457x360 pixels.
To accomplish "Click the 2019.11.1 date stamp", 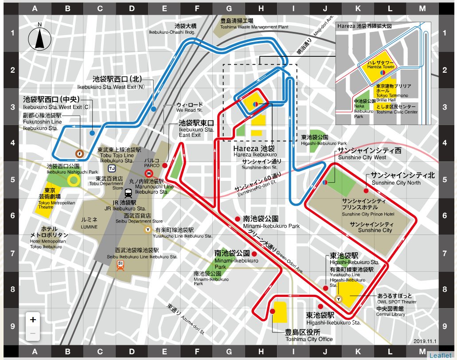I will point(425,341).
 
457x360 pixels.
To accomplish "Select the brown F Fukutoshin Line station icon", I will point(79,154).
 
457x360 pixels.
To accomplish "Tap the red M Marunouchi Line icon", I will point(149,173).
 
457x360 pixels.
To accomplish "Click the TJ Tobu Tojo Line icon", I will point(112,168).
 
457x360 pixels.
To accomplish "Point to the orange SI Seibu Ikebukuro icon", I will point(120,265).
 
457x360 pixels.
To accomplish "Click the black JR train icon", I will point(128,193).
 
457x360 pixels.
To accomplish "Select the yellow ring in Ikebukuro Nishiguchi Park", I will point(74,180).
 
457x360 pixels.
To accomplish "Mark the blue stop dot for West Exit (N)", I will point(153,109).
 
